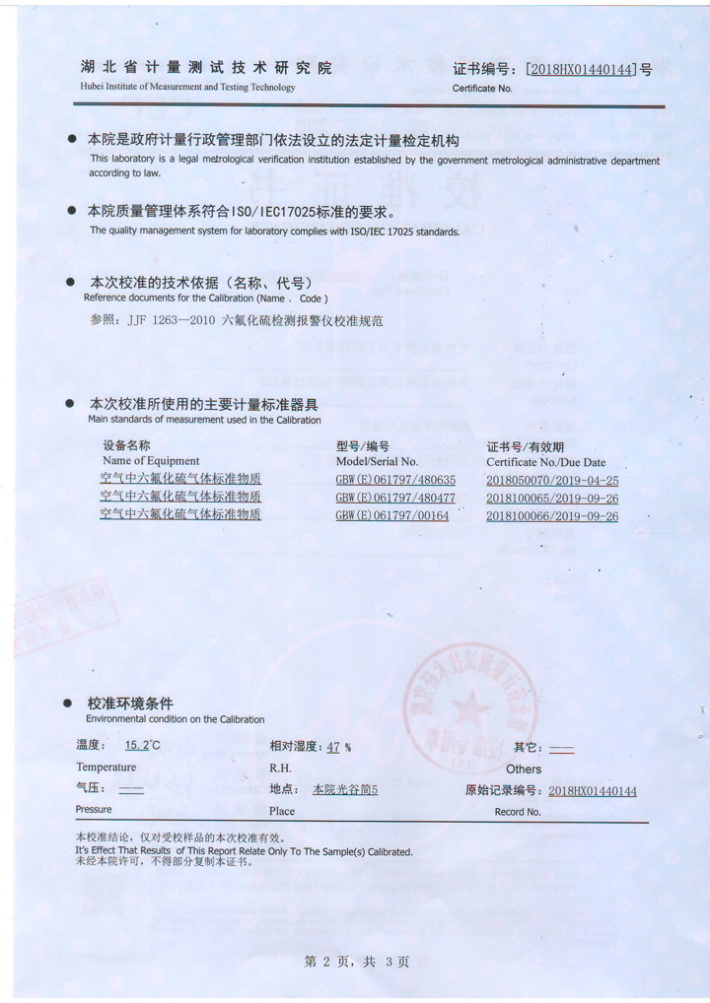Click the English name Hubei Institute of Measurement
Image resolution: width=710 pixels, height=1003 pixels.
point(187,87)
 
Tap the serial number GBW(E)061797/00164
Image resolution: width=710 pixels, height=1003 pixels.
point(392,515)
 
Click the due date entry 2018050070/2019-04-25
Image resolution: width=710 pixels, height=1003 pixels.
point(552,481)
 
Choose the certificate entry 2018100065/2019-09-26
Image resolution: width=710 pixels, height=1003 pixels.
point(552,499)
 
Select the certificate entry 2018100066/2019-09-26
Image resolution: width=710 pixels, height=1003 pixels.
point(552,515)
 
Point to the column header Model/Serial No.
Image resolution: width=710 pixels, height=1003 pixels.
point(377,461)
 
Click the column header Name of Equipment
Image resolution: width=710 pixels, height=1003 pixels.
point(151,461)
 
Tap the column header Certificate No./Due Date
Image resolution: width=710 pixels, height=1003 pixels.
point(545,461)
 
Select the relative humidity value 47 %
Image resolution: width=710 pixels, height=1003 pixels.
point(338,747)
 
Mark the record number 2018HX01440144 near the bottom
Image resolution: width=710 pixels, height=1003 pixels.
point(593,790)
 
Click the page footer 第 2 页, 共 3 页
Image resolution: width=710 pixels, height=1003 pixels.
point(357,961)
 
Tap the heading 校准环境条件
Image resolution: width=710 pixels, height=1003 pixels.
point(130,703)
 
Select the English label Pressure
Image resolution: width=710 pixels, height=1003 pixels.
point(94,810)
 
